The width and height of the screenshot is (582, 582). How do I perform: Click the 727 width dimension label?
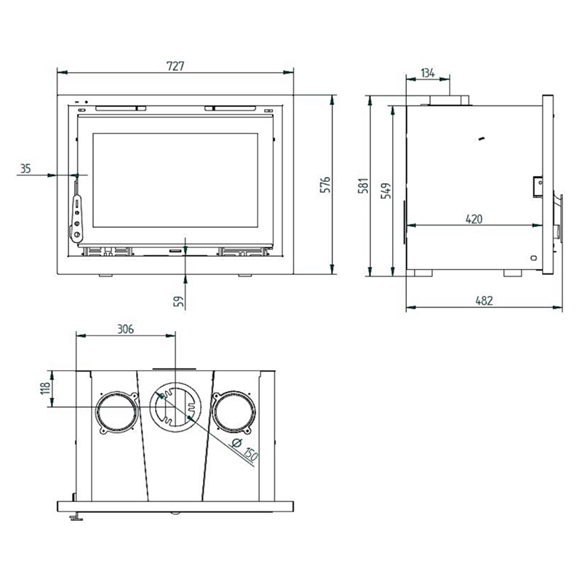pyautogui.click(x=175, y=66)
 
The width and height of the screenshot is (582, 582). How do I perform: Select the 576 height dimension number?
pyautogui.click(x=325, y=185)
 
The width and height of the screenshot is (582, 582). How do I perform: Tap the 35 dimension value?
pyautogui.click(x=25, y=169)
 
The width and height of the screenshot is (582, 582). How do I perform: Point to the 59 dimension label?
pyautogui.click(x=179, y=301)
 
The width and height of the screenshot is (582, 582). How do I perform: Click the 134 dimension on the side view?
pyautogui.click(x=428, y=73)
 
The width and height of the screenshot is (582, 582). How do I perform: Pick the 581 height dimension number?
pyautogui.click(x=364, y=186)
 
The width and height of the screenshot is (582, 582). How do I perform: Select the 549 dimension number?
pyautogui.click(x=386, y=191)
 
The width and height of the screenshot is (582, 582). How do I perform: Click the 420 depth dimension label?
pyautogui.click(x=474, y=219)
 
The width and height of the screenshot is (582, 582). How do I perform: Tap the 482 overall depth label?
pyautogui.click(x=484, y=300)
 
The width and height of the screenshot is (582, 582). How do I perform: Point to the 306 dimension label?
pyautogui.click(x=125, y=330)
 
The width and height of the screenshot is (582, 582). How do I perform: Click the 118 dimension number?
pyautogui.click(x=45, y=388)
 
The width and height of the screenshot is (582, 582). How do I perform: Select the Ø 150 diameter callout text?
pyautogui.click(x=244, y=450)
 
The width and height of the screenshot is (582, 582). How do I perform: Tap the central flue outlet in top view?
pyautogui.click(x=175, y=407)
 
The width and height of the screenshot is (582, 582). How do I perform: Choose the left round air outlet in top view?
pyautogui.click(x=117, y=412)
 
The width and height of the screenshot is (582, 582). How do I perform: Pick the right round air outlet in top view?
pyautogui.click(x=234, y=412)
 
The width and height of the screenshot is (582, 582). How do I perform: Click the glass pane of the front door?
pyautogui.click(x=175, y=180)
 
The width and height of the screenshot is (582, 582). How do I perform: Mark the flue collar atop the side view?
pyautogui.click(x=449, y=100)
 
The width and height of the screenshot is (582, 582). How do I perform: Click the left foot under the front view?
pyautogui.click(x=105, y=276)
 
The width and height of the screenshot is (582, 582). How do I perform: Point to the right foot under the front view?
pyautogui.click(x=244, y=276)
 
